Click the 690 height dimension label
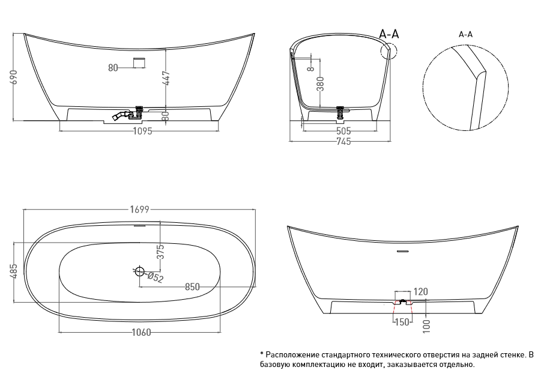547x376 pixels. (14, 76)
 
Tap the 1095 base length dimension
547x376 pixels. (143, 132)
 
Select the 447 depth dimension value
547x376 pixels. (166, 79)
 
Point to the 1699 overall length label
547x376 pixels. (139, 210)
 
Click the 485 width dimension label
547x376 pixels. (13, 271)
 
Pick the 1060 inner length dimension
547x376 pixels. (141, 332)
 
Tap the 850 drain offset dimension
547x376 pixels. (192, 287)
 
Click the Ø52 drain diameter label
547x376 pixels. (156, 277)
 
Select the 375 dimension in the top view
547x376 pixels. (160, 252)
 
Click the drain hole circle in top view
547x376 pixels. (139, 271)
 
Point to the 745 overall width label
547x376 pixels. (343, 141)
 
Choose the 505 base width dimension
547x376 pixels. (343, 132)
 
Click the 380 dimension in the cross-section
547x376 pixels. (320, 83)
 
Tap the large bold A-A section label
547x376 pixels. (389, 34)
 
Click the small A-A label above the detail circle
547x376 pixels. (466, 35)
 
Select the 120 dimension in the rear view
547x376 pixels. (421, 291)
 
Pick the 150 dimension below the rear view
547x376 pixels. (402, 322)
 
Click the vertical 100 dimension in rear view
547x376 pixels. (426, 326)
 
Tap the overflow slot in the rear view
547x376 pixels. (403, 251)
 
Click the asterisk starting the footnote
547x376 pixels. (262, 354)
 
